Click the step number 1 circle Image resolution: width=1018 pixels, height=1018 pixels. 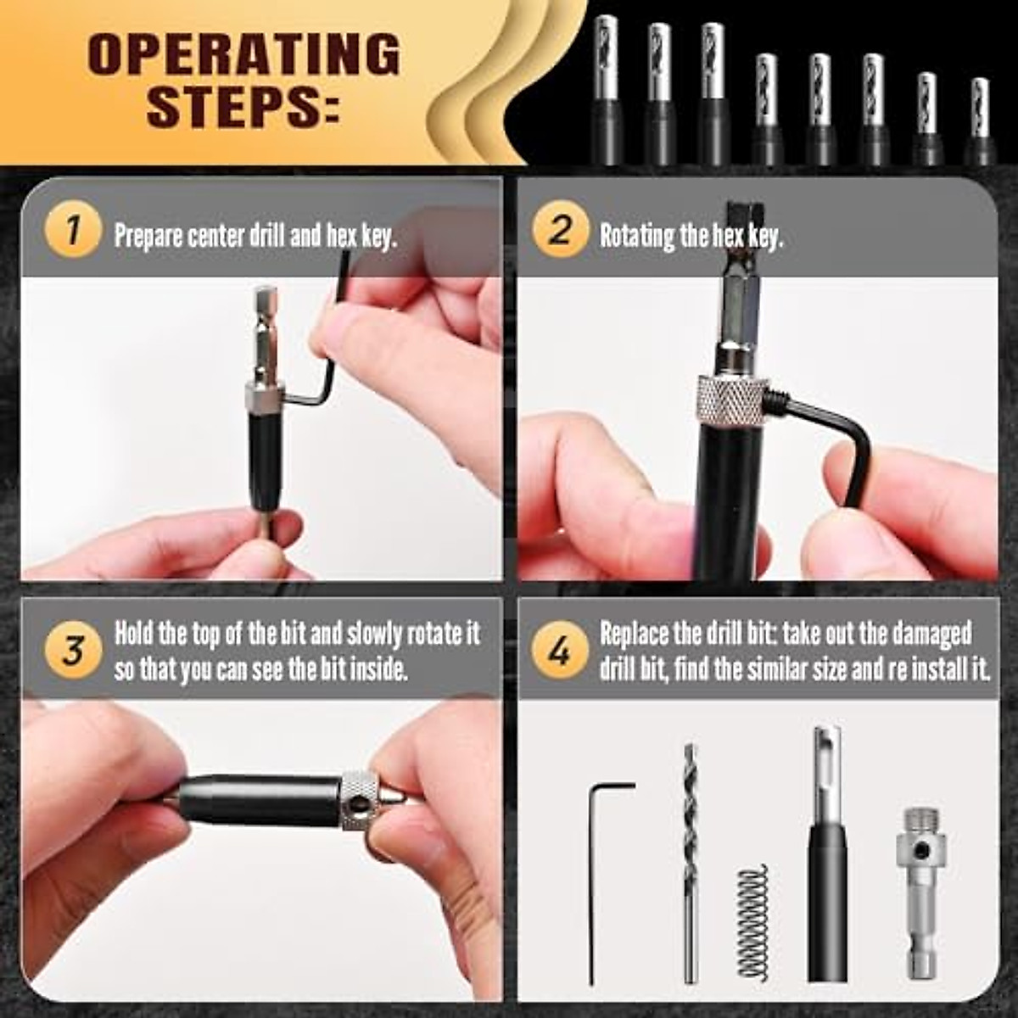click(x=73, y=231)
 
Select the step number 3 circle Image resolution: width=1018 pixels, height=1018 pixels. click(x=73, y=652)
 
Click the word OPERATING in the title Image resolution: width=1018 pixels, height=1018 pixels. click(x=243, y=55)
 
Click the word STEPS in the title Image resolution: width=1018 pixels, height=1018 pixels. click(x=243, y=106)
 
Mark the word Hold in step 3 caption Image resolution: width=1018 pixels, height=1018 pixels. click(x=134, y=634)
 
